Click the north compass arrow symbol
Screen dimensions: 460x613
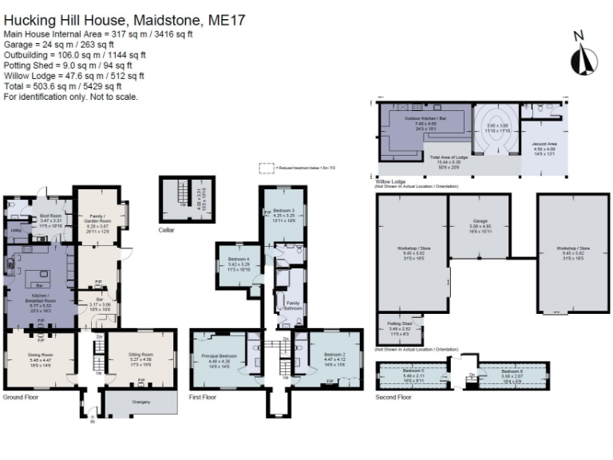pyautogui.click(x=584, y=57)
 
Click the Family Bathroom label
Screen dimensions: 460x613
pyautogui.click(x=293, y=303)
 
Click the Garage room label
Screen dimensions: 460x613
pyautogui.click(x=480, y=221)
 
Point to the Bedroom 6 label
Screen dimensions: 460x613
pyautogui.click(x=512, y=371)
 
